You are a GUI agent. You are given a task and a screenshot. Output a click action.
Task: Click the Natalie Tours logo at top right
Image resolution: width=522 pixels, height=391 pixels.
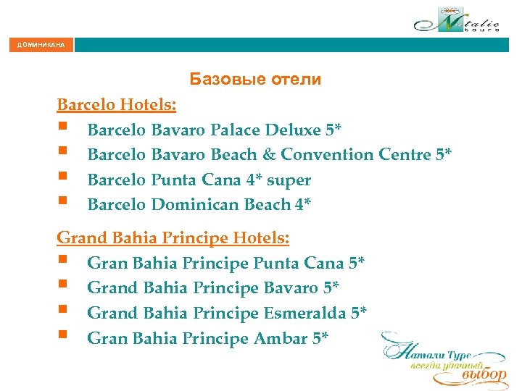457,20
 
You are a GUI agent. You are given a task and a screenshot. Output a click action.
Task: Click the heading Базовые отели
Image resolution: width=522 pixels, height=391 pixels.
254,79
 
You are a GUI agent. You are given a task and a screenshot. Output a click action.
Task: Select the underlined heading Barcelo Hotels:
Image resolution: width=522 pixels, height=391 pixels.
116,104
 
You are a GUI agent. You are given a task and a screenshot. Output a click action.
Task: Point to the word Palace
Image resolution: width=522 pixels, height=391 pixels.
236,130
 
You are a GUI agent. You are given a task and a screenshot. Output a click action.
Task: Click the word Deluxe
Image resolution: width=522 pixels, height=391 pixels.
294,130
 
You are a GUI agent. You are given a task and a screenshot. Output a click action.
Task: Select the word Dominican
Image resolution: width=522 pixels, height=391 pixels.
195,205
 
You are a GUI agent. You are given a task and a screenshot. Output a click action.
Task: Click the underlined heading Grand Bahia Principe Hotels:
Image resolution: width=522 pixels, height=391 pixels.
173,237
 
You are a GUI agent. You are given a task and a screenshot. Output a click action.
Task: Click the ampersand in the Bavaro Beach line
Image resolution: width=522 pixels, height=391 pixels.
269,155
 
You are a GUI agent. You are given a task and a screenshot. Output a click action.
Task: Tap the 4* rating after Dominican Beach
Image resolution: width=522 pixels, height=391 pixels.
302,205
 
